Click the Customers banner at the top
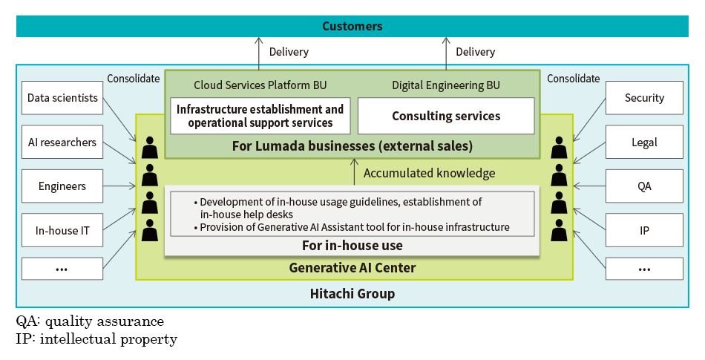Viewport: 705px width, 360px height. coord(352,26)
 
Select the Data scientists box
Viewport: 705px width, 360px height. coord(62,98)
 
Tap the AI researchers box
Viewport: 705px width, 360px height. coord(62,143)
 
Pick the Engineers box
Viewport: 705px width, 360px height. coord(62,186)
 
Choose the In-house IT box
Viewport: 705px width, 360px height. coord(62,231)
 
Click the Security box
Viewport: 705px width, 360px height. coord(644,98)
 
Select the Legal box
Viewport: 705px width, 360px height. coord(644,143)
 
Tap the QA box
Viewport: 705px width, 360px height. coord(644,186)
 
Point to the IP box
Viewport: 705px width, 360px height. coord(644,231)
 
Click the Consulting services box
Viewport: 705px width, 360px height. coord(446,116)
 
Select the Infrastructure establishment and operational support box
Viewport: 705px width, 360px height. coord(260,116)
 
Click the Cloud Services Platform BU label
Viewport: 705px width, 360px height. coord(260,85)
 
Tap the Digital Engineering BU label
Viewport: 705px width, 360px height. coord(446,85)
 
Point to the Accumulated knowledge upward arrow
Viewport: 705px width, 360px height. coord(355,171)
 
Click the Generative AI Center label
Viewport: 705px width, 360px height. coord(352,268)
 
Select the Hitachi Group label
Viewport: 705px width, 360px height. coord(352,294)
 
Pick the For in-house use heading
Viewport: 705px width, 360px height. coord(352,246)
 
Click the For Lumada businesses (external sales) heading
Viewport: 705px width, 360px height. coord(352,145)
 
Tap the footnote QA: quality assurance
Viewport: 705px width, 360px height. coord(90,322)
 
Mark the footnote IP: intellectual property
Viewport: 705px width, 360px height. coord(96,339)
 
